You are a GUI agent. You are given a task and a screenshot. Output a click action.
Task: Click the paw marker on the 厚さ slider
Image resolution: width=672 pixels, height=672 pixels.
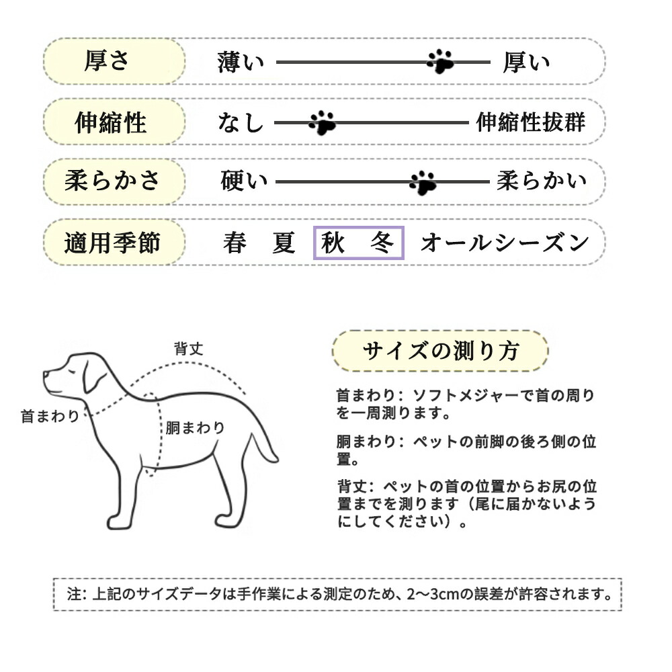tap(440, 61)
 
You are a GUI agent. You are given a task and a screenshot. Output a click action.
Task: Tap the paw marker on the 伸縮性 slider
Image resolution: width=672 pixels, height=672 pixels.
tap(323, 122)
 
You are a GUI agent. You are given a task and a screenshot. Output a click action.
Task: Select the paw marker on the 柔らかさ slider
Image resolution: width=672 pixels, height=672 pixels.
tap(423, 182)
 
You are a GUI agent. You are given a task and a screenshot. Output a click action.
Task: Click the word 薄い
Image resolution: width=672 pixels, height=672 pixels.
tap(241, 62)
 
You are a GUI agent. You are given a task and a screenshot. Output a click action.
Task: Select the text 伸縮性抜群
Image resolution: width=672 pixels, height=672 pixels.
tap(531, 122)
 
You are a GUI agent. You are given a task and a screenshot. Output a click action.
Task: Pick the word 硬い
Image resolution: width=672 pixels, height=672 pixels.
tap(243, 181)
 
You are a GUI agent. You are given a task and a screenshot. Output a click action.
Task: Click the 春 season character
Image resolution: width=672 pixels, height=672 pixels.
tap(235, 243)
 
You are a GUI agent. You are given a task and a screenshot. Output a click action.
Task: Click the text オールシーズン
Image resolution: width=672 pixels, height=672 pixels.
tap(505, 243)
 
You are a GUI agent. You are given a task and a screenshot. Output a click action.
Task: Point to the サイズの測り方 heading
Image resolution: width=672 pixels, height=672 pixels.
tap(441, 351)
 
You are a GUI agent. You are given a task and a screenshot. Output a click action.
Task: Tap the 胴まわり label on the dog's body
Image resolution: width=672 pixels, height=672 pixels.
tap(195, 428)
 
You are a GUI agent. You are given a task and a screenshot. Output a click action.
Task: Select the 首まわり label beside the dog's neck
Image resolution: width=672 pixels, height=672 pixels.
tap(50, 416)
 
